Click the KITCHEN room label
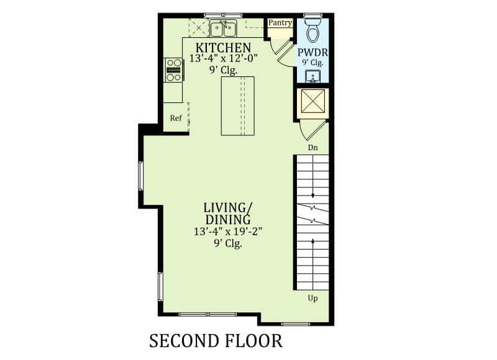[x=223, y=48]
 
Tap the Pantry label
[x=280, y=23]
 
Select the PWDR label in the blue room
[x=312, y=52]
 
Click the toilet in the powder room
[x=313, y=30]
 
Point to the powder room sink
[x=313, y=76]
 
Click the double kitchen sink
[x=223, y=29]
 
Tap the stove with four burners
[x=174, y=70]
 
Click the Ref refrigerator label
[x=176, y=118]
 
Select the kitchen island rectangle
[x=238, y=106]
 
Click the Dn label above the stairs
[x=313, y=148]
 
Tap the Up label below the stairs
[x=313, y=299]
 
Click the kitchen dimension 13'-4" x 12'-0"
[x=224, y=58]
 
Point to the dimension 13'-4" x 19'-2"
[x=228, y=232]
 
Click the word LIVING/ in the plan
[x=227, y=208]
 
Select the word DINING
[x=228, y=220]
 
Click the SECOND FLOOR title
[x=216, y=341]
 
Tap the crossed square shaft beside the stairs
[x=313, y=101]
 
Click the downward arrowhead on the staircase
[x=313, y=196]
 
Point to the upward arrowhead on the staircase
[x=313, y=241]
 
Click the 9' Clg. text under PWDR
[x=312, y=62]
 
